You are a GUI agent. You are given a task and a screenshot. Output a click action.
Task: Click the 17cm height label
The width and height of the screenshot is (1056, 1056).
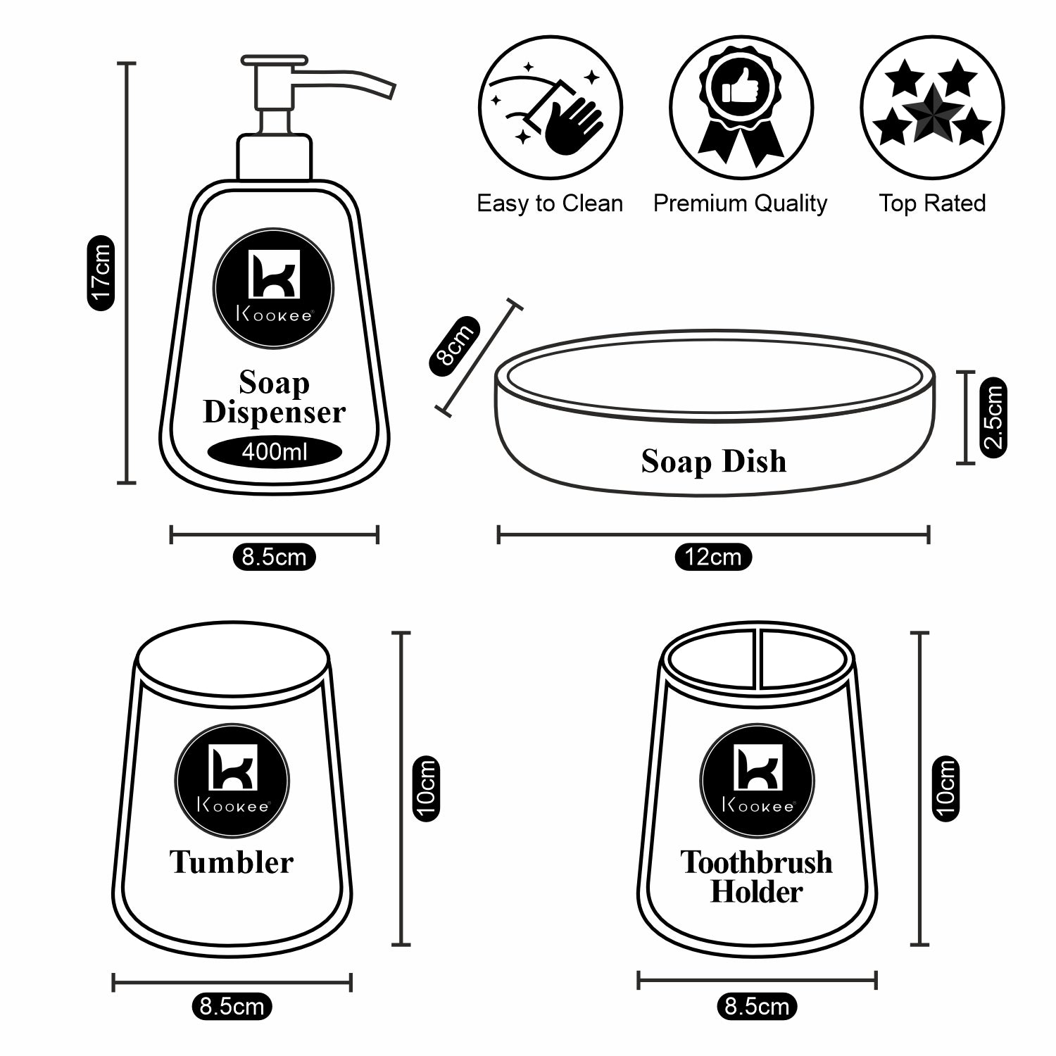tap(101, 273)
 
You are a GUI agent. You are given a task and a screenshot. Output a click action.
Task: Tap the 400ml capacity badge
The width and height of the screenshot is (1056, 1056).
tap(275, 451)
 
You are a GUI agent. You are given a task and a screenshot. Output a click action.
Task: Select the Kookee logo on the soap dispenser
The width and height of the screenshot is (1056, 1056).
tap(274, 287)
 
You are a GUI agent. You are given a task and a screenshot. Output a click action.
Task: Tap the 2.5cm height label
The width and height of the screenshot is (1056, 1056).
tap(993, 417)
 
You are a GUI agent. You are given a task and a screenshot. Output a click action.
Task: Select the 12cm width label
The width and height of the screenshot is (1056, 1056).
tap(713, 558)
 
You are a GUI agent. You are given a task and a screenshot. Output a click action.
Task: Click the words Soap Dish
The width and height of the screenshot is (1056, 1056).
tap(713, 462)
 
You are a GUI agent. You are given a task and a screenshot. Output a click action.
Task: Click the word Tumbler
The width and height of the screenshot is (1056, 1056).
tap(232, 862)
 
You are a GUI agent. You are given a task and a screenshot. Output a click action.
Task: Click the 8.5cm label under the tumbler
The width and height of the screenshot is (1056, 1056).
tap(232, 1007)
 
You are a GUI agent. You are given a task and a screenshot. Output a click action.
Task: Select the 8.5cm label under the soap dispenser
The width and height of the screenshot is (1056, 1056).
tap(274, 558)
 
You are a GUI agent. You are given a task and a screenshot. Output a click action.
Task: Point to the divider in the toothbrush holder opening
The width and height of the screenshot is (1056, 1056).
tap(758, 658)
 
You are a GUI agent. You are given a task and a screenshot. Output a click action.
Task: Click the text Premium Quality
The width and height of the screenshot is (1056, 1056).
tap(740, 203)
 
